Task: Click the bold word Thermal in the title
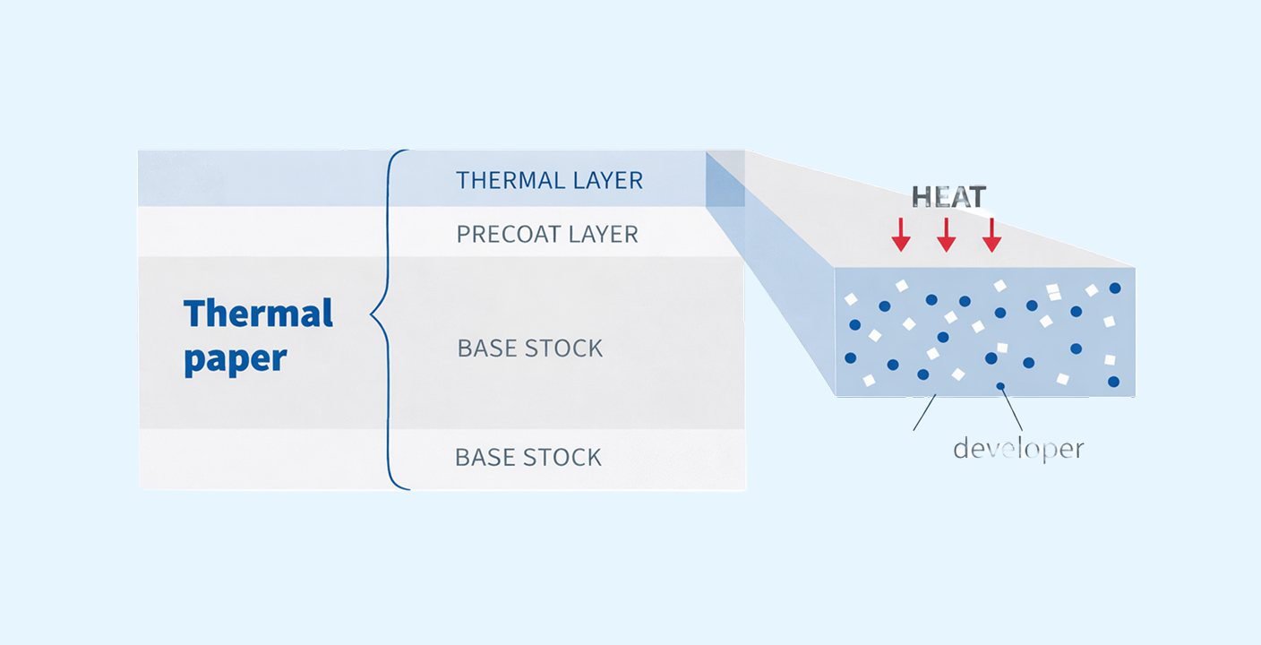258,314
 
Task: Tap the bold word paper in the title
236,359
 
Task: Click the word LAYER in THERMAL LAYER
608,180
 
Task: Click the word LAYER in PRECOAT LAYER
605,235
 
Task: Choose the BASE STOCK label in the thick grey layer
530,348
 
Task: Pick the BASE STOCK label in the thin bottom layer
528,457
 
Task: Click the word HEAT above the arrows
948,197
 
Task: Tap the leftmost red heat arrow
901,233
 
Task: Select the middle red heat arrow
946,233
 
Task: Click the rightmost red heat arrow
991,233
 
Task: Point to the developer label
1018,448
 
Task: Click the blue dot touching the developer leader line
1000,386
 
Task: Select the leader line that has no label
924,413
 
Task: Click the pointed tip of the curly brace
373,315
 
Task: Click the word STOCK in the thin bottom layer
562,457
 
